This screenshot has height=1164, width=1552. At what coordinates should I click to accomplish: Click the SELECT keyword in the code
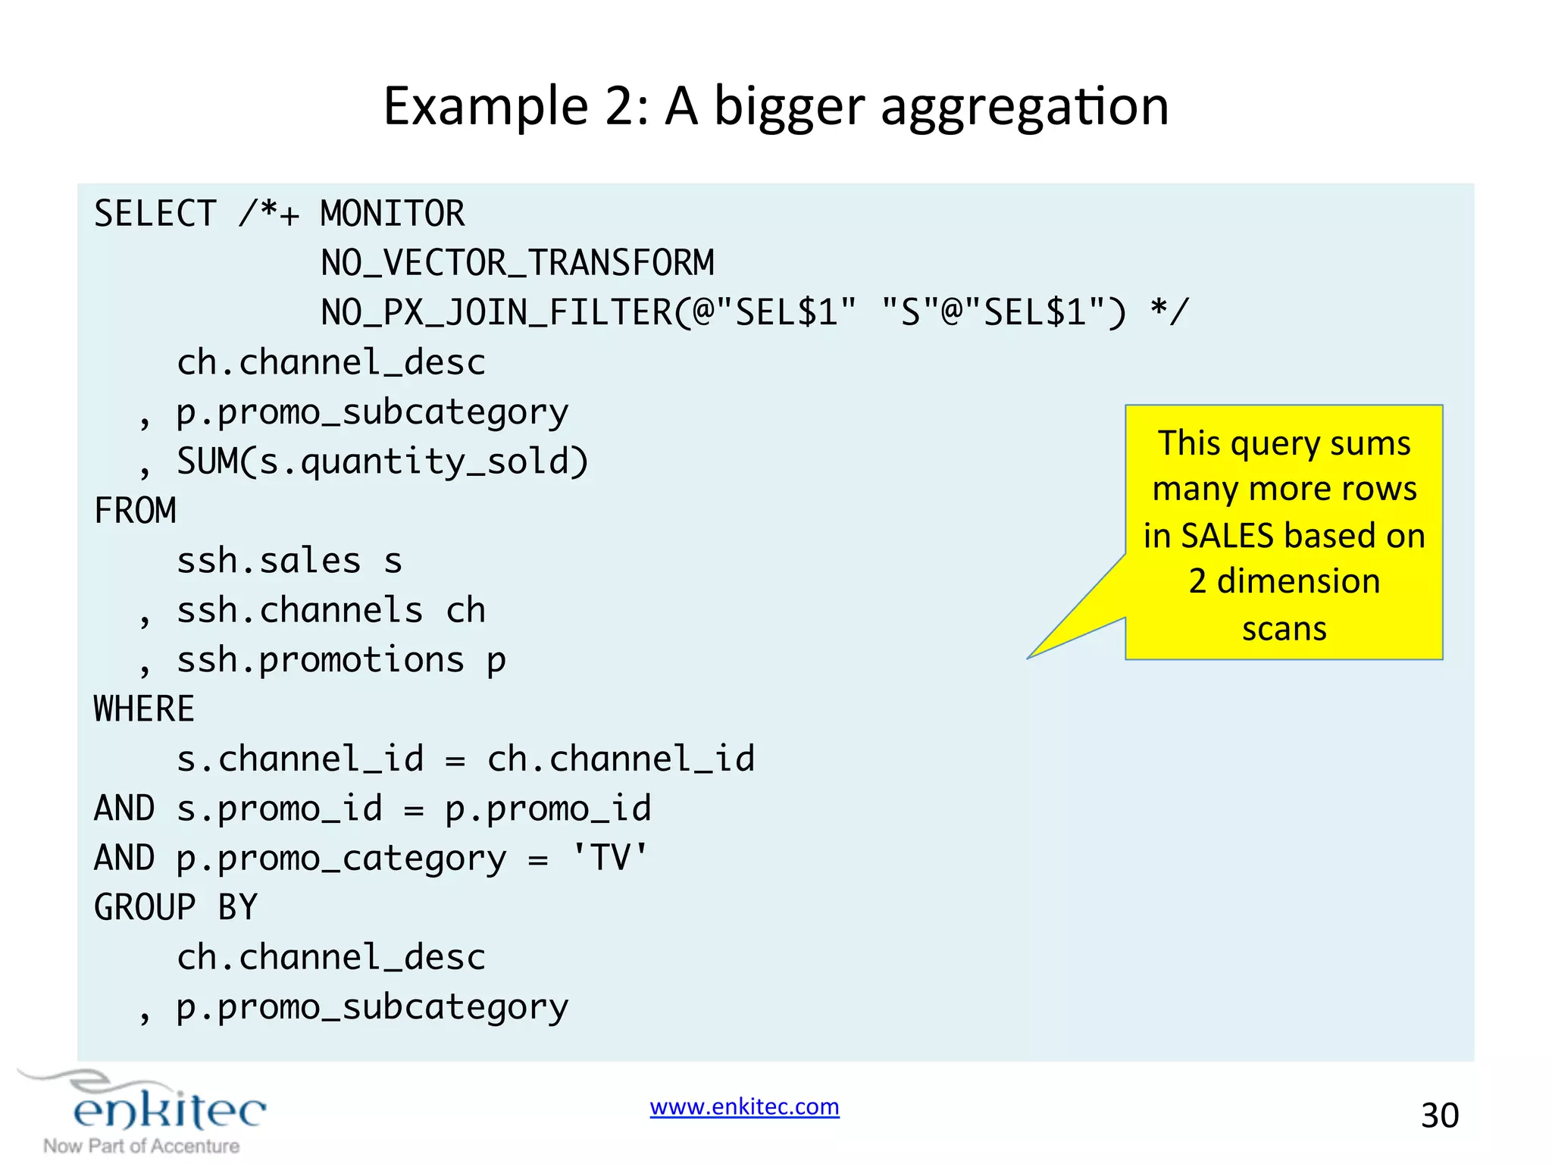coord(155,214)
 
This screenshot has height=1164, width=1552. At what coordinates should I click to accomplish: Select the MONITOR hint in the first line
coord(392,214)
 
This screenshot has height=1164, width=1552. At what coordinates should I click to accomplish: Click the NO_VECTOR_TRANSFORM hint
coord(518,263)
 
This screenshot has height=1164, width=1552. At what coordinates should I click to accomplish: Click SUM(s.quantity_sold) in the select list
coord(383,462)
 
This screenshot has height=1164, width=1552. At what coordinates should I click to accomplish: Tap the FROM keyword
coord(135,511)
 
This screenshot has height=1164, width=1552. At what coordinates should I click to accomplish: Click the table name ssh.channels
coord(299,610)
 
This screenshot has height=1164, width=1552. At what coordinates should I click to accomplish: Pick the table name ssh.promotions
coord(320,660)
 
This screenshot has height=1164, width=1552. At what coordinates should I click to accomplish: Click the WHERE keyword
coord(144,709)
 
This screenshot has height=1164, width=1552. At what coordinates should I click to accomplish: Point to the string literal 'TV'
coord(609,858)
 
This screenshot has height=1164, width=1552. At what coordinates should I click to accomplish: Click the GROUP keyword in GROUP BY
coord(144,908)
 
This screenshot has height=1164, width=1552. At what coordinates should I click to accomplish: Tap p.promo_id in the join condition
coord(547,809)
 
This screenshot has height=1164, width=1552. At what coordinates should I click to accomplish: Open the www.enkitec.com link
coord(744,1106)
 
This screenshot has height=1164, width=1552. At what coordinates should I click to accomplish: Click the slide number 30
coord(1439,1115)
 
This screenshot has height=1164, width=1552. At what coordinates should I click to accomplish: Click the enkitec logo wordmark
coord(170,1111)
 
